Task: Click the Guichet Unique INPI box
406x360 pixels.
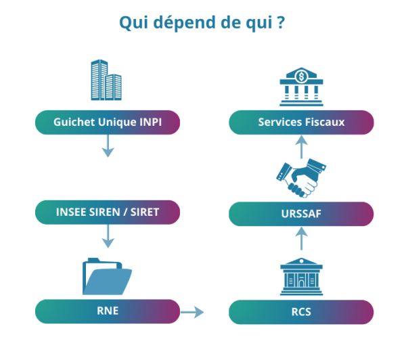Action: tap(108, 122)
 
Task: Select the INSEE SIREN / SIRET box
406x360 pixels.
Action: tap(108, 212)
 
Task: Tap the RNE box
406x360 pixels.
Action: tap(108, 311)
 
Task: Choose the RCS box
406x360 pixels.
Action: tap(301, 313)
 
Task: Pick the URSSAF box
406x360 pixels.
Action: tap(301, 214)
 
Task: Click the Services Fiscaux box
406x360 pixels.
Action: tap(301, 122)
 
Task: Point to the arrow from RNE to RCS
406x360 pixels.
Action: tap(191, 312)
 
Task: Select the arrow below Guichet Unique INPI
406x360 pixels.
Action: tap(107, 147)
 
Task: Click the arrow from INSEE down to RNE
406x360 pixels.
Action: tap(107, 236)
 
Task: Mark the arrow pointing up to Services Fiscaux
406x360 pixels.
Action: tap(302, 146)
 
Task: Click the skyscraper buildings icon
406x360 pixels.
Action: tap(107, 78)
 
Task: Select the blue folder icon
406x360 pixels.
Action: tap(107, 276)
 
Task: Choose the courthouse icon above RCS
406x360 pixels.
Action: tap(302, 277)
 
